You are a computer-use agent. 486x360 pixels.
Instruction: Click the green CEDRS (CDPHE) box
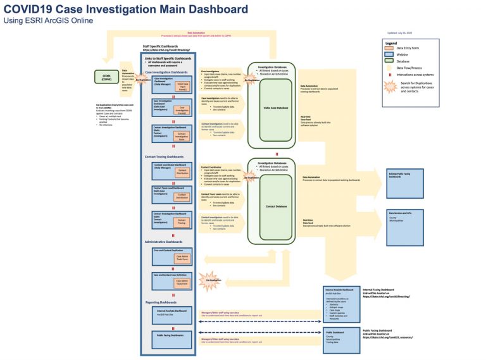coord(107,78)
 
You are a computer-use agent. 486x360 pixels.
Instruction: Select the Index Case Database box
coord(275,108)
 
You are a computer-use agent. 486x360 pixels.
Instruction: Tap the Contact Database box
coord(275,206)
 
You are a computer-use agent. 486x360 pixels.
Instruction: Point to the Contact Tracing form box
coord(181,221)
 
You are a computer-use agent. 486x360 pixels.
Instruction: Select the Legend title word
coord(390,43)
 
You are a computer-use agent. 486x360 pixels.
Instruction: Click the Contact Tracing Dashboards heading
coord(164,156)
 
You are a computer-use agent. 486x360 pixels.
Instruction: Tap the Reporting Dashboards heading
coord(161,302)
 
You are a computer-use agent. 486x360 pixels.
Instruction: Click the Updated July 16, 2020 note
coord(400,33)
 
